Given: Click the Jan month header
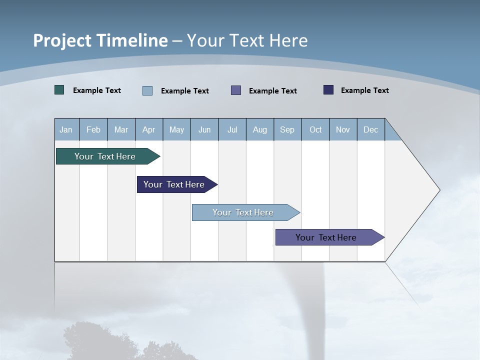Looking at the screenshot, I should pos(66,129).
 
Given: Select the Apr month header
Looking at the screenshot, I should pos(148,129).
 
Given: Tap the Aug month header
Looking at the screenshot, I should pos(259,129).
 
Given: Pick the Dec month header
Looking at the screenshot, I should pos(370,129).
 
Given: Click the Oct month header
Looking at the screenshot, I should pos(315,129).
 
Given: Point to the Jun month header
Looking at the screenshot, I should pos(204,129).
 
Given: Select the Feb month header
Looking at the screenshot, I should pos(93,129).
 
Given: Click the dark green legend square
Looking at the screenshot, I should pos(59,90).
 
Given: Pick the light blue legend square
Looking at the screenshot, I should pos(147,90).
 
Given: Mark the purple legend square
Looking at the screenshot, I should pos(236,90).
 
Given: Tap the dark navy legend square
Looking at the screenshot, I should pos(328,90).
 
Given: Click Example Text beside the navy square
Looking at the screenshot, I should pos(364,90).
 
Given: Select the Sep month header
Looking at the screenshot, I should pos(287,129).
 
